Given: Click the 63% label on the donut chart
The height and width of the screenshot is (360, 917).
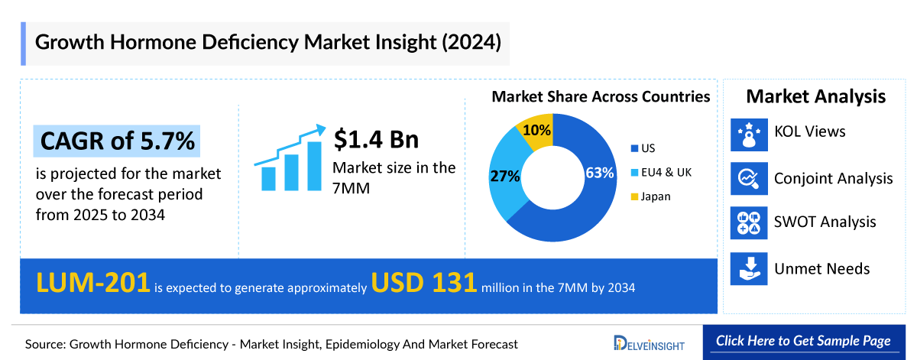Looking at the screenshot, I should pyautogui.click(x=600, y=173).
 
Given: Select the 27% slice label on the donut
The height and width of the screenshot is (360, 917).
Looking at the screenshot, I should pyautogui.click(x=505, y=177).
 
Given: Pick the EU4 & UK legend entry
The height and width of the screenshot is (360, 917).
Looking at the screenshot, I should pyautogui.click(x=661, y=173).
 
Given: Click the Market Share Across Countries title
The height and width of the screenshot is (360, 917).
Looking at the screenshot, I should pyautogui.click(x=601, y=97).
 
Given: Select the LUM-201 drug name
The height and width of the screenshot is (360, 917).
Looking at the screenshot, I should pyautogui.click(x=92, y=284).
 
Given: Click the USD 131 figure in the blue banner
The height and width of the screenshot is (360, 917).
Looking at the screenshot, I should pyautogui.click(x=424, y=284).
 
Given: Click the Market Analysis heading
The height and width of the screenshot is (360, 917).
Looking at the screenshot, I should pyautogui.click(x=816, y=96).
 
